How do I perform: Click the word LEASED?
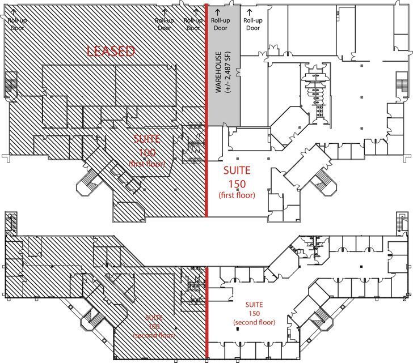tap(111, 52)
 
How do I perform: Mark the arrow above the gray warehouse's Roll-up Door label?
tap(218, 11)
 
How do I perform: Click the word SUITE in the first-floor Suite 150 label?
tap(237, 170)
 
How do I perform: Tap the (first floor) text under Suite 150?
tap(237, 195)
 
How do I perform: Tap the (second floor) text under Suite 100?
tap(148, 336)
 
